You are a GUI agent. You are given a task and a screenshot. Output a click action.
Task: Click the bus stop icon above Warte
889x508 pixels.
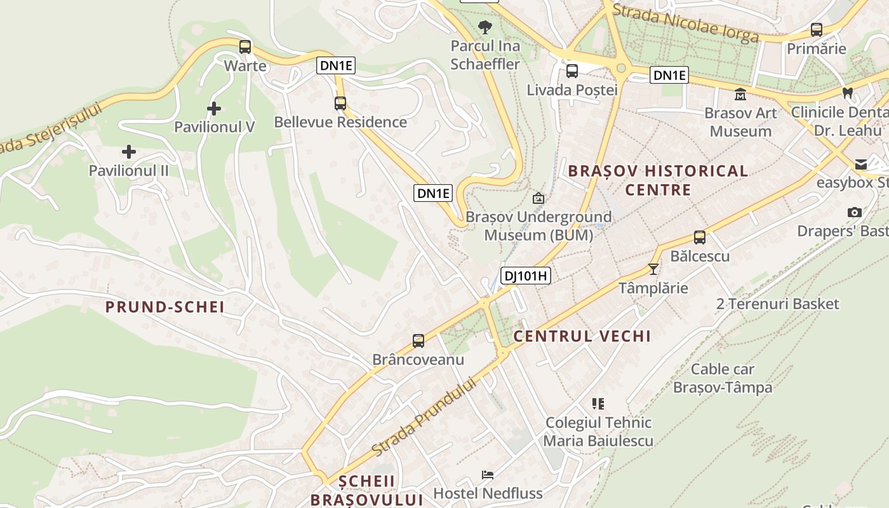tap(245, 46)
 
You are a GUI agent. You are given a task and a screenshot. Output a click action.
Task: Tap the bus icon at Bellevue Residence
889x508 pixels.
tap(340, 103)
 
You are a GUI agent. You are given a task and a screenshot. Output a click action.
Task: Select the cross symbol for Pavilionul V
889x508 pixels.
tap(214, 109)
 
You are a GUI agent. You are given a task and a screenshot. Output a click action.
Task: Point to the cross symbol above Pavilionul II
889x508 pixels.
tap(129, 152)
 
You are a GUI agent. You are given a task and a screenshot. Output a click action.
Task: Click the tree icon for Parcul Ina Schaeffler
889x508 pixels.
tap(485, 27)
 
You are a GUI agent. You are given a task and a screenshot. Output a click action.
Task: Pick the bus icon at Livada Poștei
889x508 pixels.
tap(572, 70)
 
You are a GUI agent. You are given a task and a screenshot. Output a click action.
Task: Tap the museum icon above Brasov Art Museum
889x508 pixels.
tap(740, 95)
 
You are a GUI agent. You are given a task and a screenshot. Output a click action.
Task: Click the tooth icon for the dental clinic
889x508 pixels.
tap(846, 93)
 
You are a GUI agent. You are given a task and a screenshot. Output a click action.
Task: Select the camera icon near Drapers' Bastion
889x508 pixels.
tap(855, 212)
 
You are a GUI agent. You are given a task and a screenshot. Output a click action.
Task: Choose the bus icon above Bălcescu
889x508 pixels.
tap(700, 237)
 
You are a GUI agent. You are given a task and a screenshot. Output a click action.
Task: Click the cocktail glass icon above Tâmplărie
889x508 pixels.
tap(653, 269)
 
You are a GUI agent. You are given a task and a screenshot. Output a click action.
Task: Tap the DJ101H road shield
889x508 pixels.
tap(525, 276)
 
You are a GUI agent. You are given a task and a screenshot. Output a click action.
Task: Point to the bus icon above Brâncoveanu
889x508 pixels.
tap(418, 341)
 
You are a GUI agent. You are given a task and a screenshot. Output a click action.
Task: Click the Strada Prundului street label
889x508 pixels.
tap(424, 417)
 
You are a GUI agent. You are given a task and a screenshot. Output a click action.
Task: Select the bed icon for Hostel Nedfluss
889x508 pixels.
tap(488, 474)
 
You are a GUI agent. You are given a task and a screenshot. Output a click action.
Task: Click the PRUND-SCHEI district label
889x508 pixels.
tap(165, 307)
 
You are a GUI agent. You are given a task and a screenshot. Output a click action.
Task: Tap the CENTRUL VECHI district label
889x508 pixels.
tap(582, 337)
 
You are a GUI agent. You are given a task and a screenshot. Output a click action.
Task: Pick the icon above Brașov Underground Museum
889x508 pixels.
tap(538, 198)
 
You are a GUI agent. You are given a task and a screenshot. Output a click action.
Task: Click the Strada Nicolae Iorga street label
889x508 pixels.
tap(686, 23)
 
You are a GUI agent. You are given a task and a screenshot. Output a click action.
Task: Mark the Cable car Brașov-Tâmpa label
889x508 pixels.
tap(723, 378)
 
